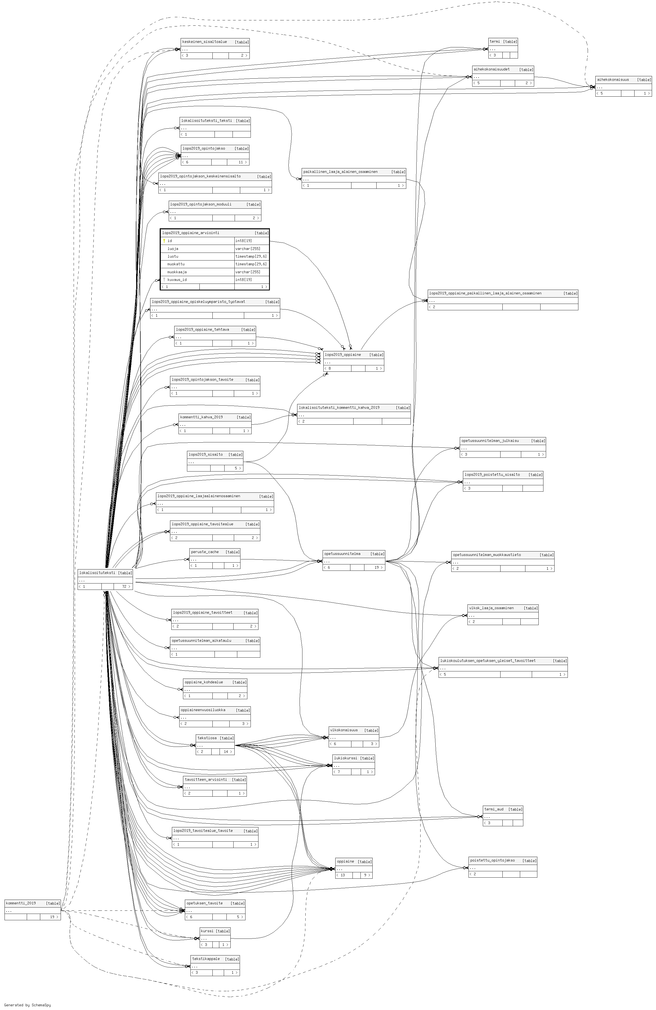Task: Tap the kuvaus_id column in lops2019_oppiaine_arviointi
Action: (x=177, y=280)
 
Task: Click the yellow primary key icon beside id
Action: (x=164, y=241)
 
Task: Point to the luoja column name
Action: (x=173, y=249)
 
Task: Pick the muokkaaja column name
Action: (x=177, y=272)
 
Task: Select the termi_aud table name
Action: (x=494, y=809)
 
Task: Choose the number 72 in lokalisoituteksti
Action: (x=124, y=586)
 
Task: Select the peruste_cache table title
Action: (x=205, y=552)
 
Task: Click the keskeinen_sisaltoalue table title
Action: (x=205, y=42)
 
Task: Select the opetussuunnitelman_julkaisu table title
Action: (x=490, y=441)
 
